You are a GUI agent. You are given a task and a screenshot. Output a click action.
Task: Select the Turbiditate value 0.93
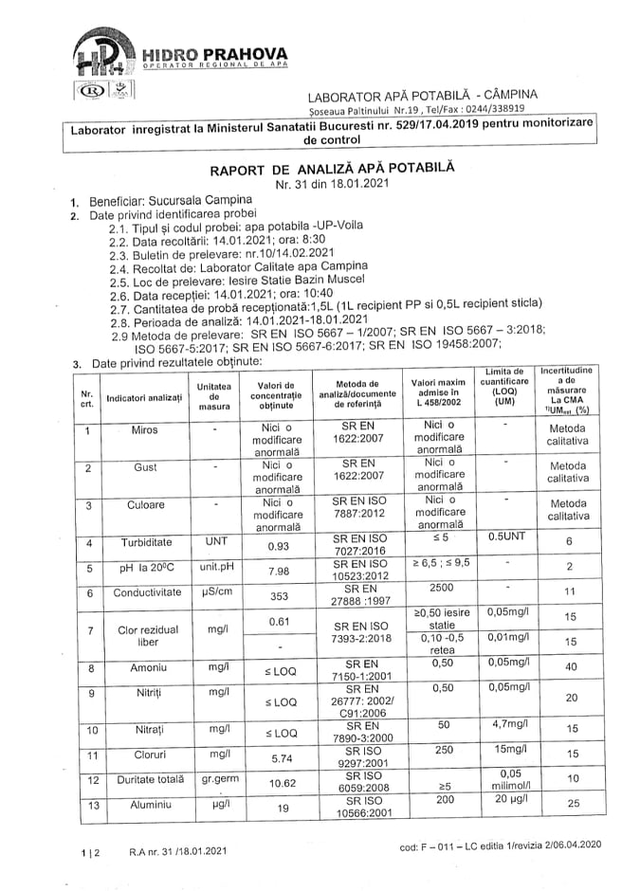(x=278, y=546)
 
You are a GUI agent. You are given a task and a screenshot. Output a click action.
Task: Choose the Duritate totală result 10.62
(x=278, y=784)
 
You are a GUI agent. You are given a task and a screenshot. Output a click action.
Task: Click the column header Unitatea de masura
(x=214, y=396)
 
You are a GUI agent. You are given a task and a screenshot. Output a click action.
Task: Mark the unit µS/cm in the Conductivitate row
(x=214, y=592)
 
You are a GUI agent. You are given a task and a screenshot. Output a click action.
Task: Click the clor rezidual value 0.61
(x=278, y=621)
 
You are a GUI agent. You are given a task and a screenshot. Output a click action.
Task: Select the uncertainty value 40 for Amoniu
(x=570, y=667)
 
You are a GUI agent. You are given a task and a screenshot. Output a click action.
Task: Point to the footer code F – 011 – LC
(x=500, y=845)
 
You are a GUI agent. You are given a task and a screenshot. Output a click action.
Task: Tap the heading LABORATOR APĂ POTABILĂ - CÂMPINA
(x=423, y=95)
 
